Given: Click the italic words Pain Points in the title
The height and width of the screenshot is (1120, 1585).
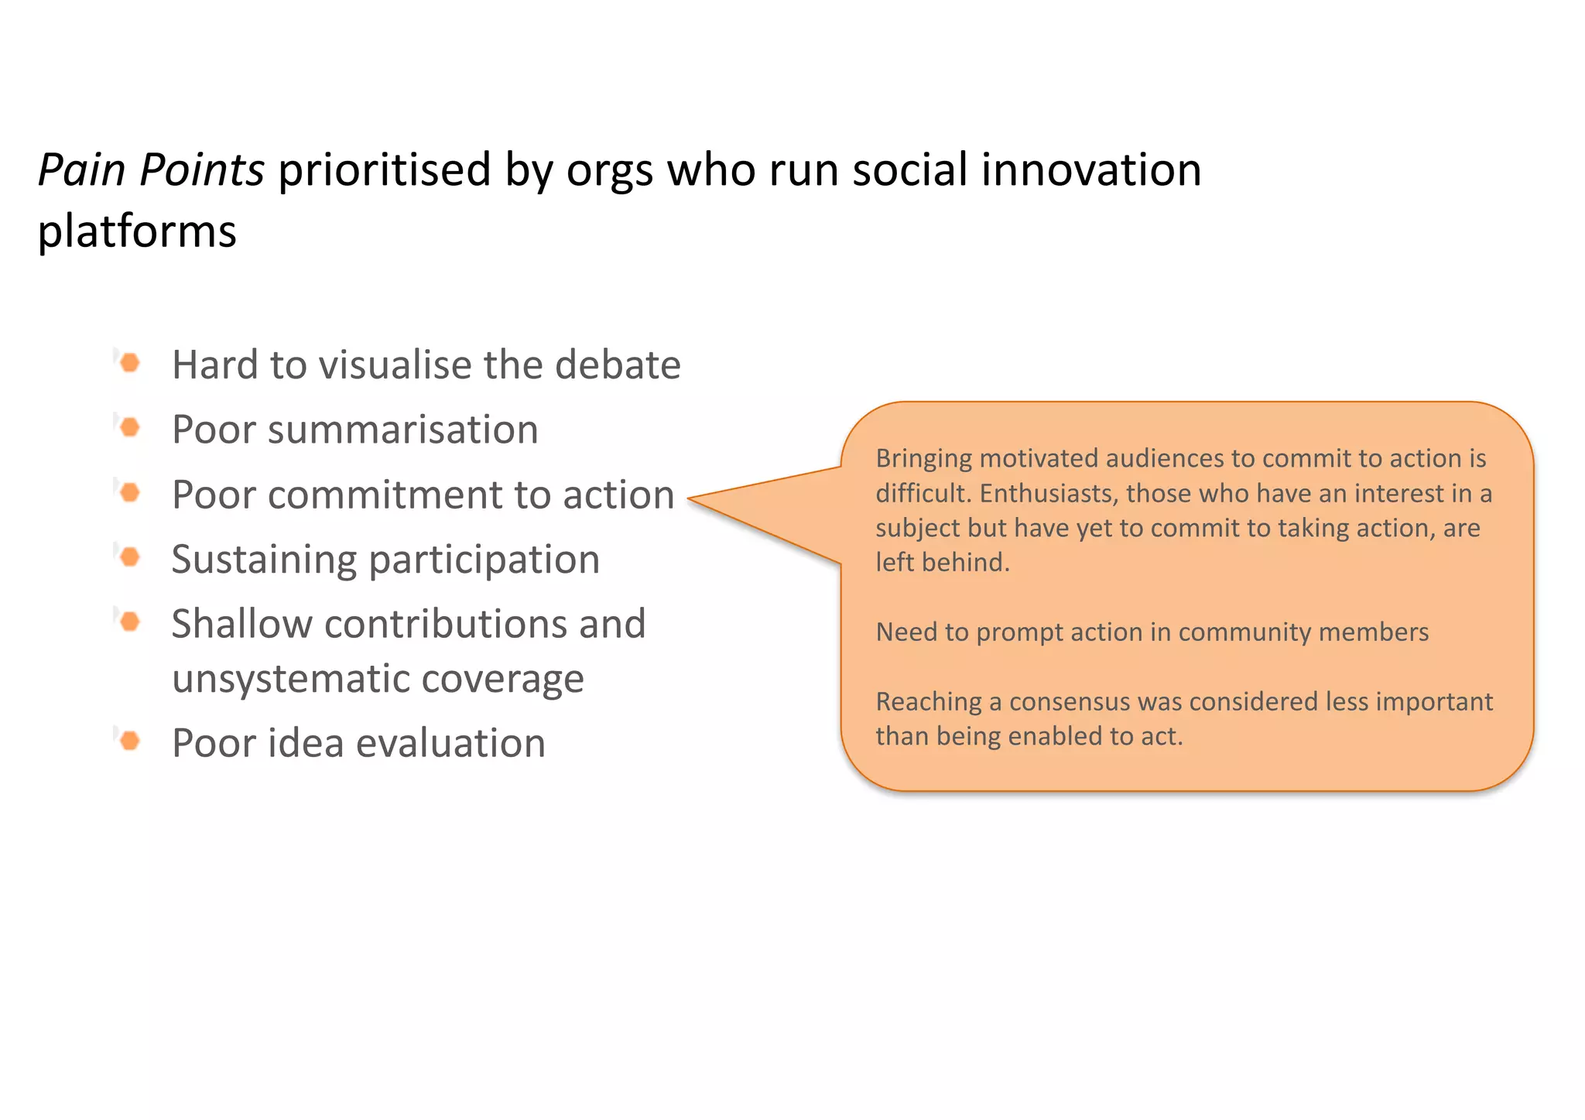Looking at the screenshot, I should coord(151,170).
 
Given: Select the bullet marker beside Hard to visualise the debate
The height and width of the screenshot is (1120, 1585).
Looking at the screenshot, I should coord(130,362).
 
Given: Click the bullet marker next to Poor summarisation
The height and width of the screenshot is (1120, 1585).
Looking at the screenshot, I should coord(130,427).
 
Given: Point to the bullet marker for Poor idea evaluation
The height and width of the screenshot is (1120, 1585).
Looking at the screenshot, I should coord(130,741).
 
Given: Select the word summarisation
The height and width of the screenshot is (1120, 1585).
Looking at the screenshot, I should coord(402,430).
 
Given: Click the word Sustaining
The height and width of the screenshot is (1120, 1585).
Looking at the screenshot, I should coord(263,560).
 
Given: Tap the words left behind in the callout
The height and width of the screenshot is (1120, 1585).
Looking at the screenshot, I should coord(942,562).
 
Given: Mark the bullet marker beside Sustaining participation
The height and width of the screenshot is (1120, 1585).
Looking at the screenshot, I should coord(130,557).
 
